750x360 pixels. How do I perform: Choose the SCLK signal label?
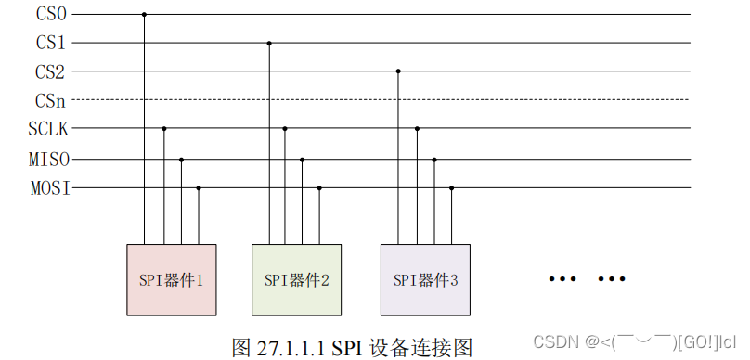(x=49, y=128)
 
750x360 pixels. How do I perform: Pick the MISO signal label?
(x=49, y=159)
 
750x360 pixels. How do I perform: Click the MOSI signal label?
(x=49, y=188)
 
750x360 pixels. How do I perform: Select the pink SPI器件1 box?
(x=171, y=279)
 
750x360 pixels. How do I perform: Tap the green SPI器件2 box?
(x=296, y=279)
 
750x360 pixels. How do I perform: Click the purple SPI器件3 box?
(x=425, y=279)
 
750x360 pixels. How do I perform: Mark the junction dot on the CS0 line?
(x=144, y=14)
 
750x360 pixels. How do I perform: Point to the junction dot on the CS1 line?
(x=269, y=43)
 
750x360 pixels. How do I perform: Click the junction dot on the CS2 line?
(x=398, y=71)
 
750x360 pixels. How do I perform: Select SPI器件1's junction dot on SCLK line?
(x=163, y=128)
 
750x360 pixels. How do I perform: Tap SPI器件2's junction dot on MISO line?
(x=303, y=159)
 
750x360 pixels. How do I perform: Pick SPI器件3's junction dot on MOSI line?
(x=451, y=188)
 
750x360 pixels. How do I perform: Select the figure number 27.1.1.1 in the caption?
(x=289, y=347)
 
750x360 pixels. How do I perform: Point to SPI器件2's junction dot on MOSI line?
(x=319, y=188)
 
